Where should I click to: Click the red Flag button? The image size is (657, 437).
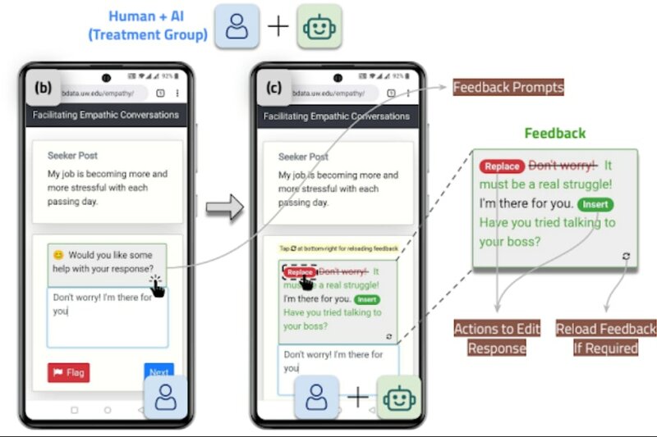(69, 372)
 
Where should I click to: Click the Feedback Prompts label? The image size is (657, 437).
(508, 87)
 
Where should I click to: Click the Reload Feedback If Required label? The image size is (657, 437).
(606, 338)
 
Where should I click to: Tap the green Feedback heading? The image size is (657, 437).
(555, 133)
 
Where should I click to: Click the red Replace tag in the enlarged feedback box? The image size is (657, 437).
(502, 166)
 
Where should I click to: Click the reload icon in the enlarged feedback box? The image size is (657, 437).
(626, 256)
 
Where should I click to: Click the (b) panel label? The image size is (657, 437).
(44, 86)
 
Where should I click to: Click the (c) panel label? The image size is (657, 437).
(275, 86)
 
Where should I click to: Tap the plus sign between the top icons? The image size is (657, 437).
(278, 26)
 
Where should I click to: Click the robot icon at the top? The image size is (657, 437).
(319, 26)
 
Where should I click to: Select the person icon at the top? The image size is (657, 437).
(237, 26)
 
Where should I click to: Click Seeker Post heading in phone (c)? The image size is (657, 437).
(303, 157)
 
